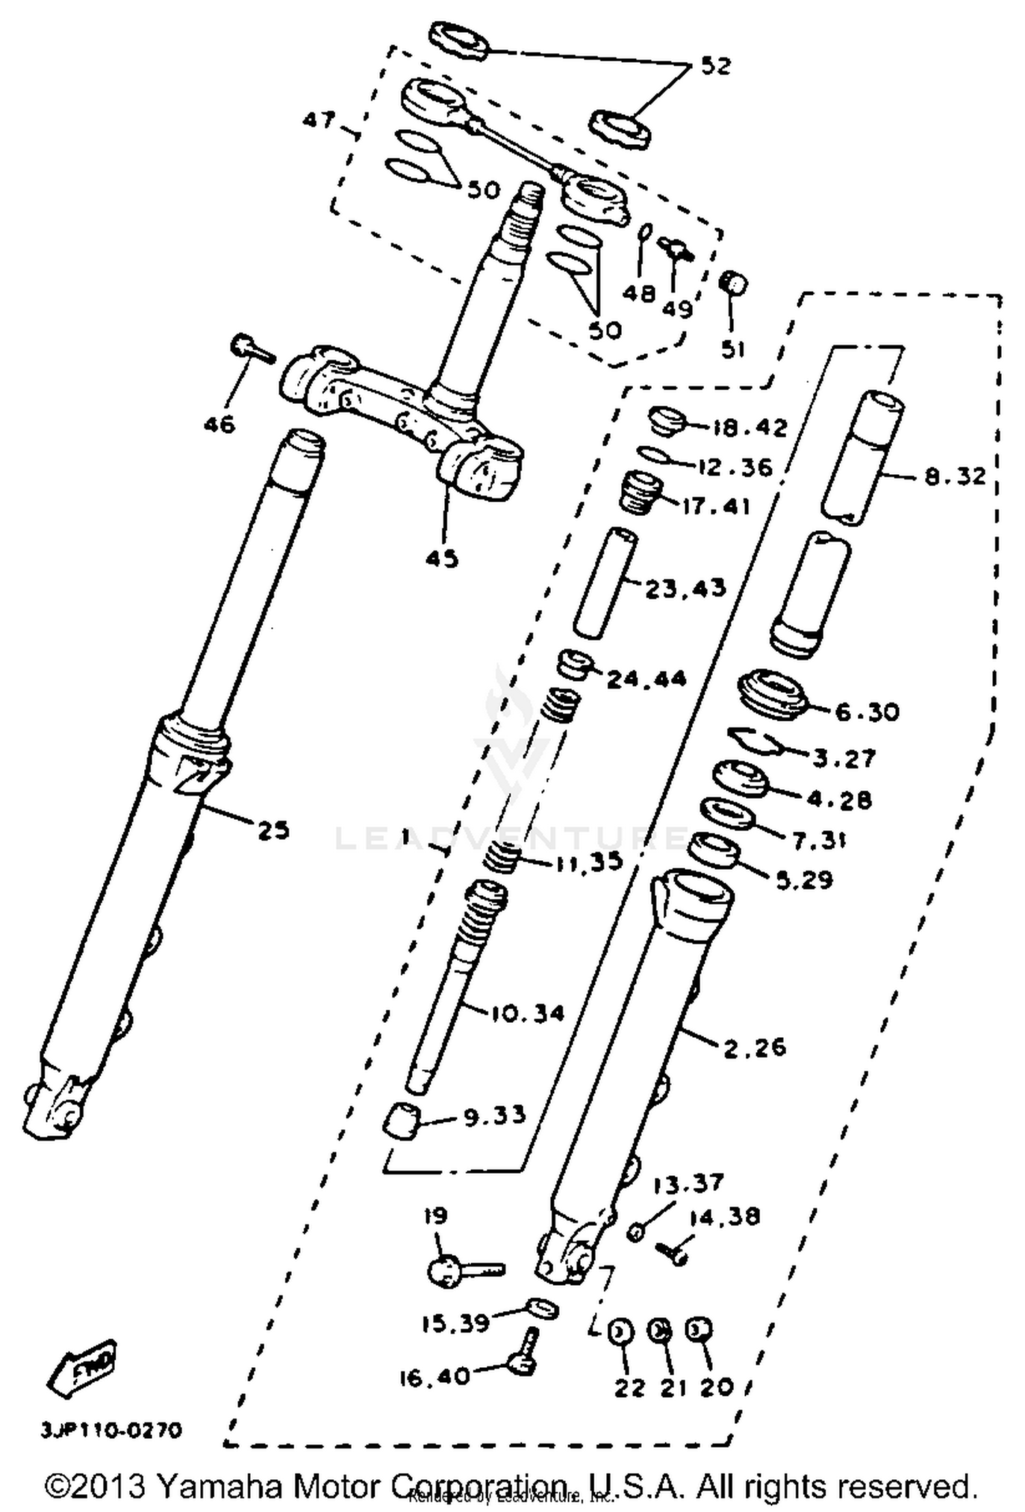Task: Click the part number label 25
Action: pyautogui.click(x=273, y=831)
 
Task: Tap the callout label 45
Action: pyautogui.click(x=442, y=558)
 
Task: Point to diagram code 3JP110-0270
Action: pyautogui.click(x=111, y=1430)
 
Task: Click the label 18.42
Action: pyautogui.click(x=750, y=428)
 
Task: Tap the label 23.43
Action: pyautogui.click(x=685, y=588)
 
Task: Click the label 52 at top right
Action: pyautogui.click(x=715, y=66)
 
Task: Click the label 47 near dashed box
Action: pyautogui.click(x=319, y=121)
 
